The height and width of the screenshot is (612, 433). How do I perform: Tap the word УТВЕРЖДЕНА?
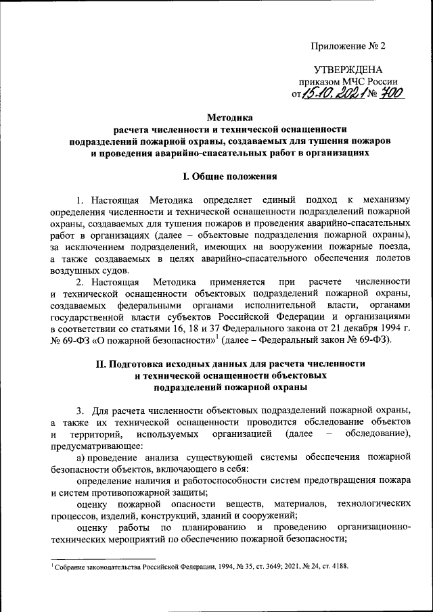pos(348,70)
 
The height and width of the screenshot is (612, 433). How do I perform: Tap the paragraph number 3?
pos(80,410)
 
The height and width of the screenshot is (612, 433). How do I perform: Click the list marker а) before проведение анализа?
pos(81,458)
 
